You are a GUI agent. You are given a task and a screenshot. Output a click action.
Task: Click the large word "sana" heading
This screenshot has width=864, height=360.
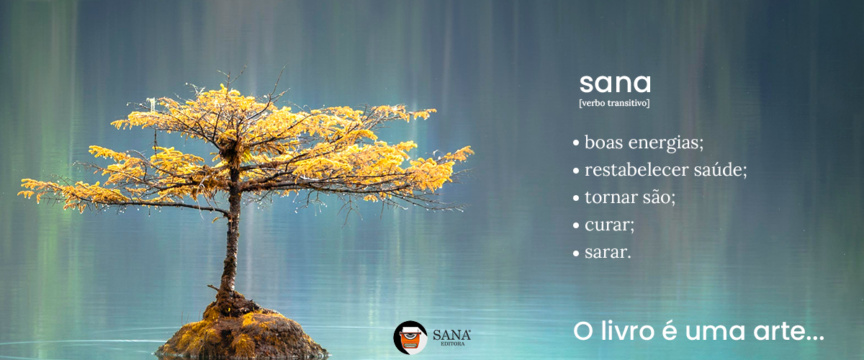tap(615, 84)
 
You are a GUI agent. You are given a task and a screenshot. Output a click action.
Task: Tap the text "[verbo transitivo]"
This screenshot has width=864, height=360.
tap(614, 103)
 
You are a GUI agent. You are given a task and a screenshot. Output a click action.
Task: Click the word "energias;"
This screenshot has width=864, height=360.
tap(666, 143)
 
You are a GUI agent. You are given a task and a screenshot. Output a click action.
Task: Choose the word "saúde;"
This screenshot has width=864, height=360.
tap(721, 169)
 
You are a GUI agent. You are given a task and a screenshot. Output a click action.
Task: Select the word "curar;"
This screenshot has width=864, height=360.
tap(609, 225)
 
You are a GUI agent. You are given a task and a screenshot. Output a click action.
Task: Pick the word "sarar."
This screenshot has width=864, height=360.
tap(608, 252)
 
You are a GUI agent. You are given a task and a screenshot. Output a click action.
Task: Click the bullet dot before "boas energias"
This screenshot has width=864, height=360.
tap(576, 143)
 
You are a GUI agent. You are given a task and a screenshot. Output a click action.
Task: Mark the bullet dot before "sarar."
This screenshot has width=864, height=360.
tap(576, 253)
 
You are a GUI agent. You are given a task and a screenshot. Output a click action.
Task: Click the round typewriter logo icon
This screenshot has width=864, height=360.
tap(410, 338)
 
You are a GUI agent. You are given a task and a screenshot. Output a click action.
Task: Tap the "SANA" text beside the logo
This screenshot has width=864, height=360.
tap(451, 335)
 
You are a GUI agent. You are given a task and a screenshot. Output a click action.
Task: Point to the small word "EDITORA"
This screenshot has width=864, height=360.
tap(452, 343)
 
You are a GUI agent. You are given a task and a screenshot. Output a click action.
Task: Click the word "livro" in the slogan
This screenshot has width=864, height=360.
tap(628, 331)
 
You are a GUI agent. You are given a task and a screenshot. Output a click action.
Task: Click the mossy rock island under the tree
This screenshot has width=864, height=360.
tap(241, 334)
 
